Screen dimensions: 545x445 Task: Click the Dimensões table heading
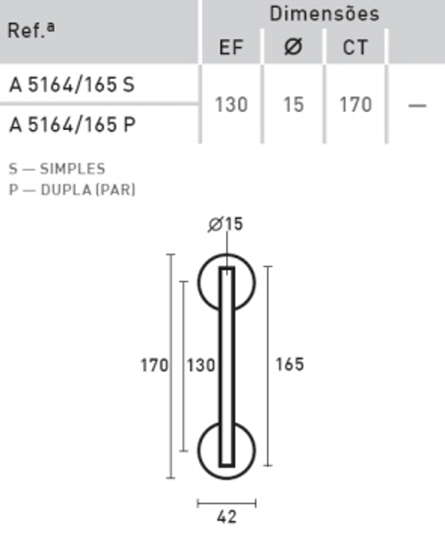click(x=324, y=13)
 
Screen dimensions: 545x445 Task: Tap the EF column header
click(x=231, y=48)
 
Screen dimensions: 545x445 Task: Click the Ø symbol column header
click(x=293, y=48)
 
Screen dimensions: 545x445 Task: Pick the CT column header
click(x=355, y=48)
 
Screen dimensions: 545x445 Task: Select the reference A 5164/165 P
click(x=72, y=124)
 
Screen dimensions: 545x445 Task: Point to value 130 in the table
click(x=231, y=104)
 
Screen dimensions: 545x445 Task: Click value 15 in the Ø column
click(x=293, y=104)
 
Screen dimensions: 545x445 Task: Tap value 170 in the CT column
click(x=355, y=104)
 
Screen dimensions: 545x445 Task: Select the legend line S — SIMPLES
click(x=57, y=168)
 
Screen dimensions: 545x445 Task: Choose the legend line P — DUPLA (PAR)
click(x=72, y=189)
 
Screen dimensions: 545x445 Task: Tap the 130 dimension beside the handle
click(x=200, y=365)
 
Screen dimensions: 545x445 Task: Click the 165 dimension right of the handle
click(x=289, y=364)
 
